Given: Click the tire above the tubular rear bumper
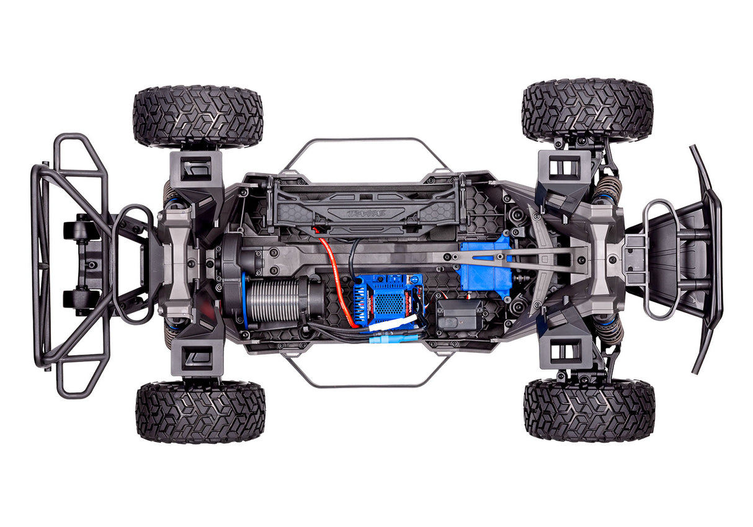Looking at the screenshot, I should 198,117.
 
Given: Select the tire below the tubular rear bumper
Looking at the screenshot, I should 200,412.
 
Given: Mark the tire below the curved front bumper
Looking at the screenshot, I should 589,410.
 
